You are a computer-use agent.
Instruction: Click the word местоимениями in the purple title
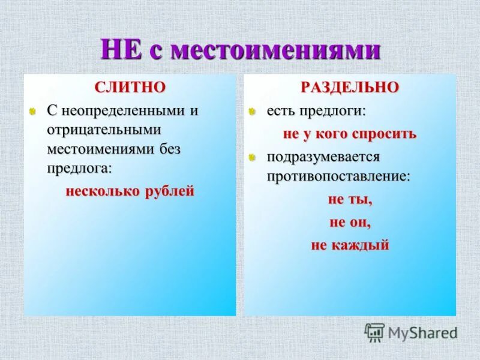pos(276,50)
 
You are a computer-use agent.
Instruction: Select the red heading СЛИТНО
pos(130,87)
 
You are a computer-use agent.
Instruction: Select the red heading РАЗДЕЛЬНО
pos(349,87)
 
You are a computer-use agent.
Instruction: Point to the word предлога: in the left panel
pos(80,167)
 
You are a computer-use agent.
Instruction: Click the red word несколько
pos(103,191)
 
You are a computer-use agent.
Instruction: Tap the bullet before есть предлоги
pos(254,112)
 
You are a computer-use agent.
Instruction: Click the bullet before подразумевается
pos(254,158)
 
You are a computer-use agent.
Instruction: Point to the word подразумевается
pos(323,157)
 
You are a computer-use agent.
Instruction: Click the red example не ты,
pos(350,200)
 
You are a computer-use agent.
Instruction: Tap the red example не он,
pos(350,222)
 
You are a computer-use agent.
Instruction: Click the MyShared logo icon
pos(374,332)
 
